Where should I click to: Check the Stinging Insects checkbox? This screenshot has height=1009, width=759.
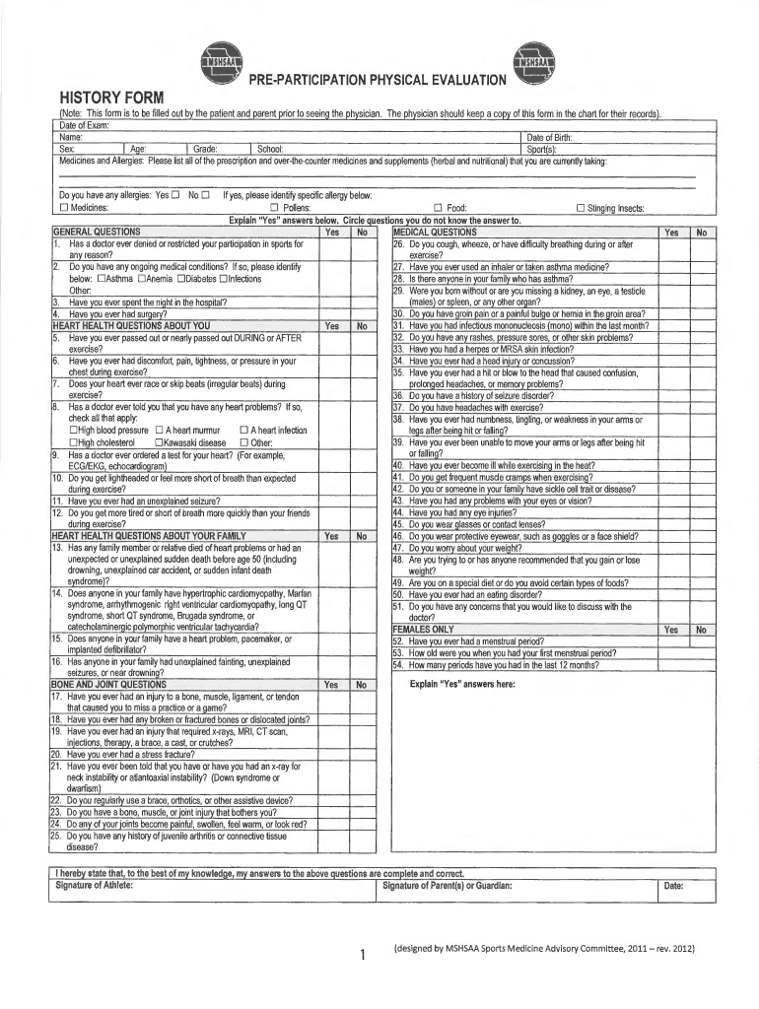click(x=580, y=208)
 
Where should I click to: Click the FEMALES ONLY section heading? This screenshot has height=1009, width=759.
click(x=423, y=629)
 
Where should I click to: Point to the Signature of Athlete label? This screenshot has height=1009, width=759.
click(x=93, y=885)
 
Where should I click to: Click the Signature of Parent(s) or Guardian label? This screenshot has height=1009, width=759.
click(x=447, y=885)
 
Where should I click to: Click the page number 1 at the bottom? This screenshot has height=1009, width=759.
click(x=363, y=954)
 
